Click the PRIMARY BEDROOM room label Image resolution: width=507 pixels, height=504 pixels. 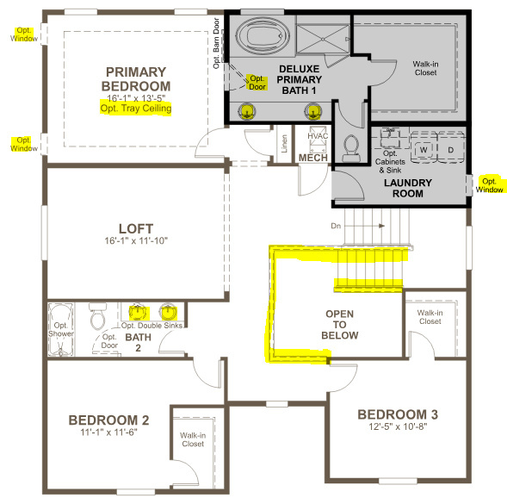(136, 79)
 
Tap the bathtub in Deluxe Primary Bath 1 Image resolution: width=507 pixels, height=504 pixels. (263, 35)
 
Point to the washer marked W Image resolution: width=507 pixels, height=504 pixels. (424, 150)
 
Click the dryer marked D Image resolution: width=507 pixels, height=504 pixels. (451, 150)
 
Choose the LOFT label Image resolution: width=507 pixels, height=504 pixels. (136, 228)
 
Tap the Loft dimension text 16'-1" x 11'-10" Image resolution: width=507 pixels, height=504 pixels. (136, 241)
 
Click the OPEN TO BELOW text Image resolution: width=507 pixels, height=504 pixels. (340, 325)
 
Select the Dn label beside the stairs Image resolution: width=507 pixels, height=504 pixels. (336, 226)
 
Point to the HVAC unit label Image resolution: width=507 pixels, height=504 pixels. (318, 136)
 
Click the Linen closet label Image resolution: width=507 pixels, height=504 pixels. (284, 143)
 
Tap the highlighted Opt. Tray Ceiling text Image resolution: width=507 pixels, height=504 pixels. (136, 108)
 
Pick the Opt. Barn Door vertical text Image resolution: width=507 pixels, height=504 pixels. (216, 43)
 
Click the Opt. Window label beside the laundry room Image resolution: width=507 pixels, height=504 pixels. (489, 185)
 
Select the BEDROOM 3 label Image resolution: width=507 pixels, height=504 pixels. (398, 414)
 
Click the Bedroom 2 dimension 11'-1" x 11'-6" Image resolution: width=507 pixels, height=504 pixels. (108, 432)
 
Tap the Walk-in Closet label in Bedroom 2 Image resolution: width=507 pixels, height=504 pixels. (193, 439)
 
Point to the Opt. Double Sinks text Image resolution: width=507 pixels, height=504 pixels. (151, 326)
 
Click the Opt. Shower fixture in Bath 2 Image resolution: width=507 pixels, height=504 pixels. (61, 329)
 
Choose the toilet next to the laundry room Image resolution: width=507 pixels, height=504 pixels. (351, 148)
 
